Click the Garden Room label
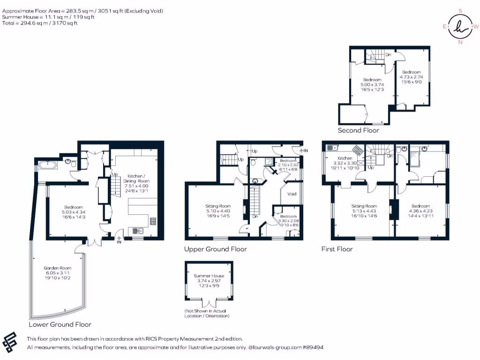tap(58, 268)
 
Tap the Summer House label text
tap(209, 276)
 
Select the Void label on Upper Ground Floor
tap(292, 194)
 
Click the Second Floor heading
tap(358, 130)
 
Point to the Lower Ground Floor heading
tap(60, 324)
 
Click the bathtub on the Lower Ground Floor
tap(47, 165)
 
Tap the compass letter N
tap(460, 42)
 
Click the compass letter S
tap(460, 11)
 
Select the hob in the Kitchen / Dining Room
tap(153, 221)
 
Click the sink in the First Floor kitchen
tap(332, 148)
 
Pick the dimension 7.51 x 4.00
tap(136, 186)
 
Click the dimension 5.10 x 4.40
tap(218, 211)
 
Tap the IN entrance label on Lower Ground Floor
tap(119, 242)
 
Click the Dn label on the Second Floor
tap(388, 55)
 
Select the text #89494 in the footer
tap(313, 347)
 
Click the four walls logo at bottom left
tap(9, 342)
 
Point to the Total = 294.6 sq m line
tap(40, 23)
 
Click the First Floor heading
tap(337, 249)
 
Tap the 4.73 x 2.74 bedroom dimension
tap(412, 77)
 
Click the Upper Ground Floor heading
tap(216, 249)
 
